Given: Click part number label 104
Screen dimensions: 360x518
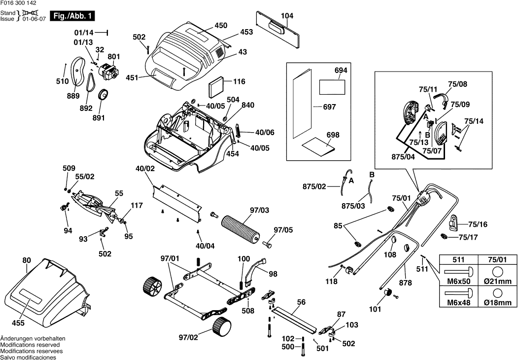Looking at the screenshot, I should (x=287, y=16).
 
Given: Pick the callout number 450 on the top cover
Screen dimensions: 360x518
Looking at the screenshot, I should (x=221, y=26).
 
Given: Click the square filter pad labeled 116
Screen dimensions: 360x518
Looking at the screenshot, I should (x=216, y=88).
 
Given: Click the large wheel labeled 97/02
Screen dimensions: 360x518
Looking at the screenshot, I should (x=222, y=327).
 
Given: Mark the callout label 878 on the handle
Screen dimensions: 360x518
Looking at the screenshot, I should (x=405, y=283).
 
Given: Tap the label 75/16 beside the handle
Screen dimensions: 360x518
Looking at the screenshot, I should (x=477, y=224).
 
